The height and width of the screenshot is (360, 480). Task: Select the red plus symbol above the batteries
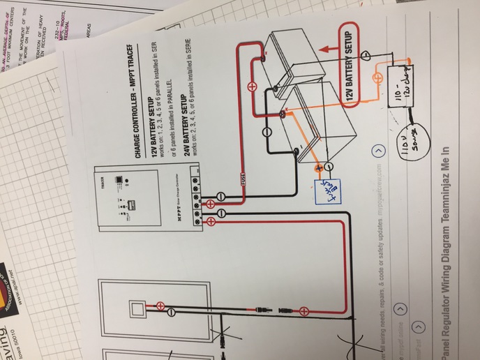tap(251, 87)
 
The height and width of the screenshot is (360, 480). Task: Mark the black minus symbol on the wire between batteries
tap(266, 133)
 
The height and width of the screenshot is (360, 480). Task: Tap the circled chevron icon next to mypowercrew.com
tap(377, 151)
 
